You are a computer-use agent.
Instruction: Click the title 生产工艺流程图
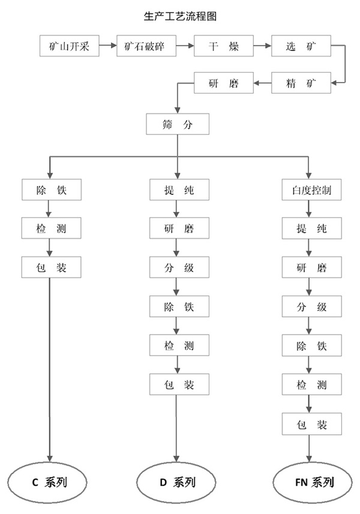[180, 16]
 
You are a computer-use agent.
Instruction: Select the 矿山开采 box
[70, 46]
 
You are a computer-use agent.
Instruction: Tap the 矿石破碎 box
[146, 46]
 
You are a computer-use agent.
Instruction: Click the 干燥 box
[224, 46]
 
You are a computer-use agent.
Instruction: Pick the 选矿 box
[301, 46]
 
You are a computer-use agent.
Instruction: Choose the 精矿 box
[301, 83]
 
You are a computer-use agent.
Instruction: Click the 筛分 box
[178, 124]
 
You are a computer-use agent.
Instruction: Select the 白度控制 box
[311, 190]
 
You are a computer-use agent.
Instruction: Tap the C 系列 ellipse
[47, 483]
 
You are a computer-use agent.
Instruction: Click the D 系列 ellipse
[176, 483]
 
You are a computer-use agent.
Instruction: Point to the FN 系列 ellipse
[313, 483]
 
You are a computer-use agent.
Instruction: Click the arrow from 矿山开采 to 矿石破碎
[108, 46]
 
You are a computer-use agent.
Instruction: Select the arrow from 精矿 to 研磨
[262, 83]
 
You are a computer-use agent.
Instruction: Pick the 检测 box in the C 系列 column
[51, 228]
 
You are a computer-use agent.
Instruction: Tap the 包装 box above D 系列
[179, 384]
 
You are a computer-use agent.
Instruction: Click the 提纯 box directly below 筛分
[179, 190]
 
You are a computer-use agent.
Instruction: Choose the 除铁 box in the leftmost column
[52, 190]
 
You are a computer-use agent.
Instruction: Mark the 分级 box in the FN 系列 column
[312, 306]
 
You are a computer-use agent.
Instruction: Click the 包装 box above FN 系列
[312, 424]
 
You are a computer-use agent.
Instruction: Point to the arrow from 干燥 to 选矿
[262, 46]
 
